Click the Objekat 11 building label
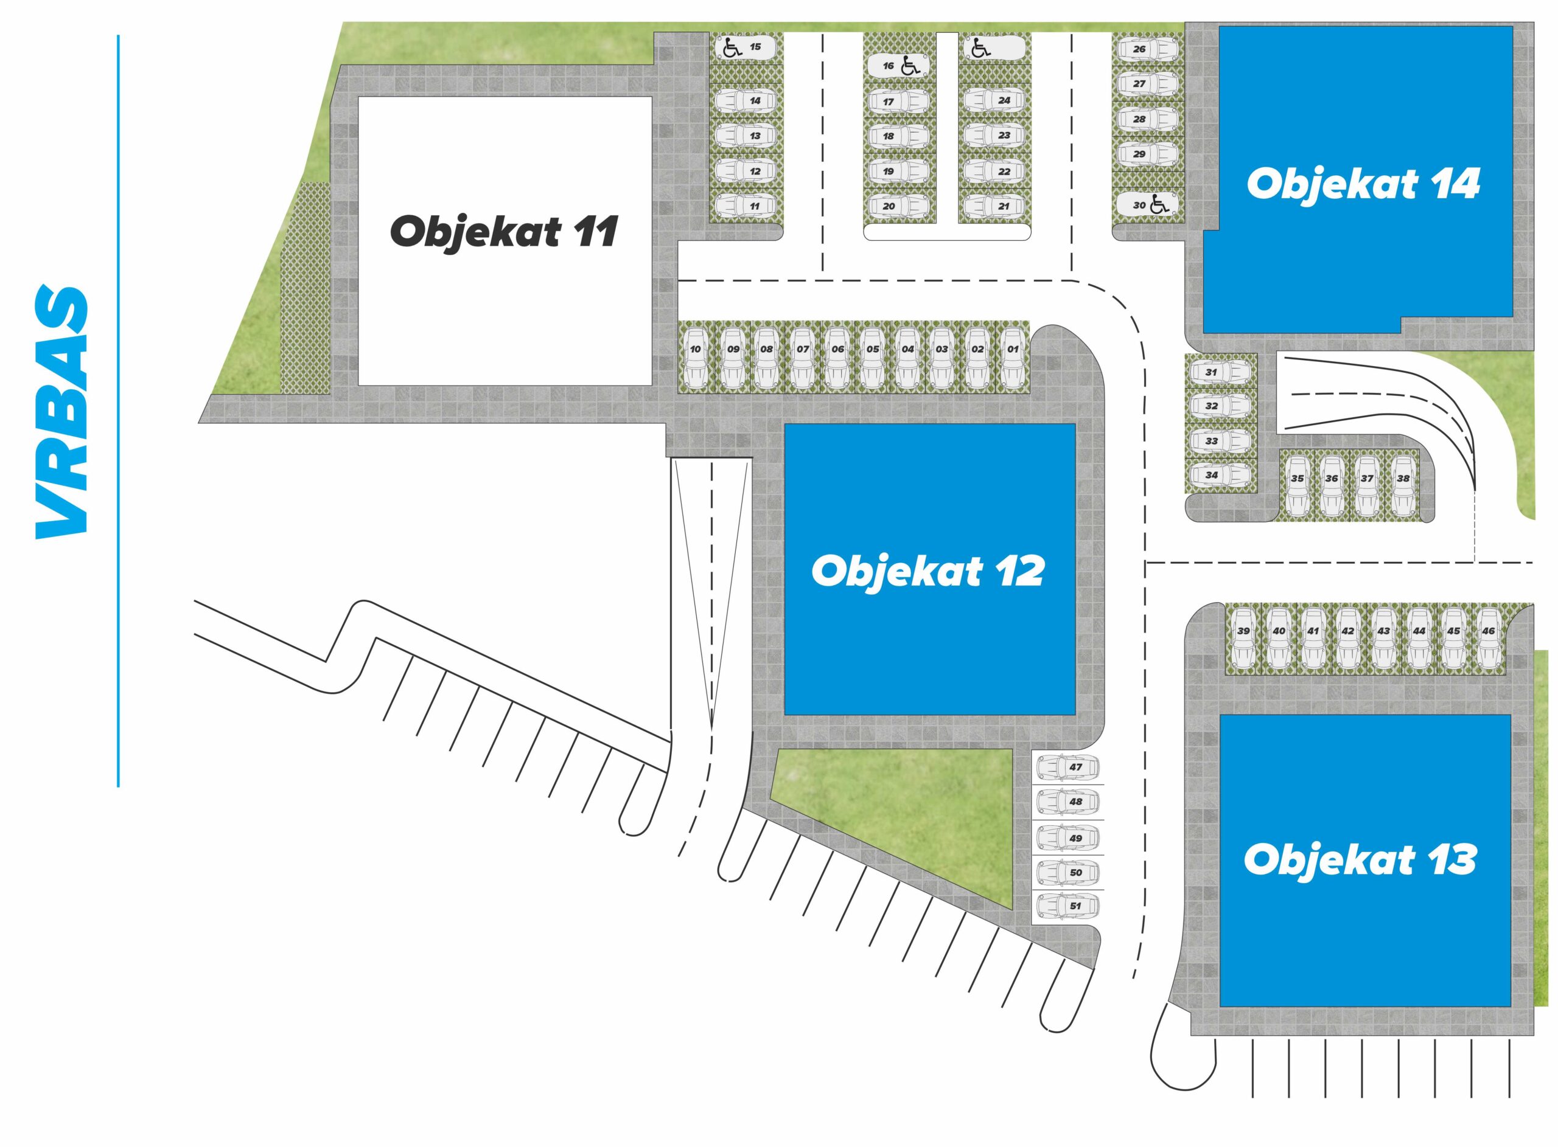503,232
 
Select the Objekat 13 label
1360,859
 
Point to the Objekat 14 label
1363,184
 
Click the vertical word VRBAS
62,411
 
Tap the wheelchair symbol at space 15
732,48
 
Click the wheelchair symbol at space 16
910,66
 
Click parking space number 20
899,206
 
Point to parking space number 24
994,100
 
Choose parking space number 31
1220,372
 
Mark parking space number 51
1067,906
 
